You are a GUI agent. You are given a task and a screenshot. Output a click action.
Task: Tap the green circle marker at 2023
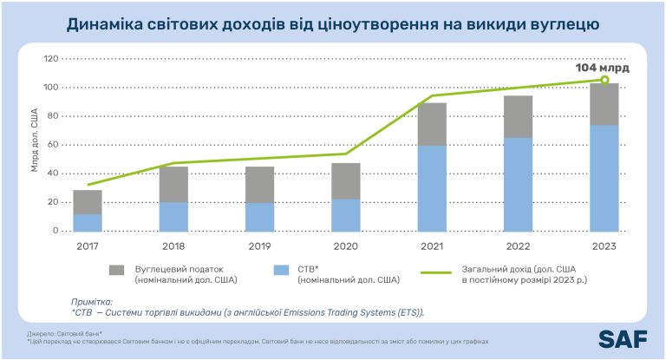tap(604, 81)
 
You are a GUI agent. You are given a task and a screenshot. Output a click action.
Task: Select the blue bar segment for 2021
tap(432, 188)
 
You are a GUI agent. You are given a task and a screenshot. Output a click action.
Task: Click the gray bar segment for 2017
tap(88, 202)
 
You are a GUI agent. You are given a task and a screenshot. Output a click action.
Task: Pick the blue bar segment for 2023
tap(604, 178)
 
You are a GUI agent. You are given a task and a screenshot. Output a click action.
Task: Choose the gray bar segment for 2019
tap(259, 185)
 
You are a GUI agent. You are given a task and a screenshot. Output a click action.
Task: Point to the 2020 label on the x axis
tap(345, 245)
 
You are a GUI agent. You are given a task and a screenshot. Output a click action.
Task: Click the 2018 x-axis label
tap(173, 245)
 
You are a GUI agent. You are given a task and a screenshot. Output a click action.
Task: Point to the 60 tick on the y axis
tap(53, 145)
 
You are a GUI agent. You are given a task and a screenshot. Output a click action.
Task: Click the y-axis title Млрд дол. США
tap(35, 142)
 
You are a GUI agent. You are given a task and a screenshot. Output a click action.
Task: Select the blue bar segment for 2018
tap(173, 217)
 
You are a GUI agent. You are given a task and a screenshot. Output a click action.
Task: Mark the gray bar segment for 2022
tap(519, 116)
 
